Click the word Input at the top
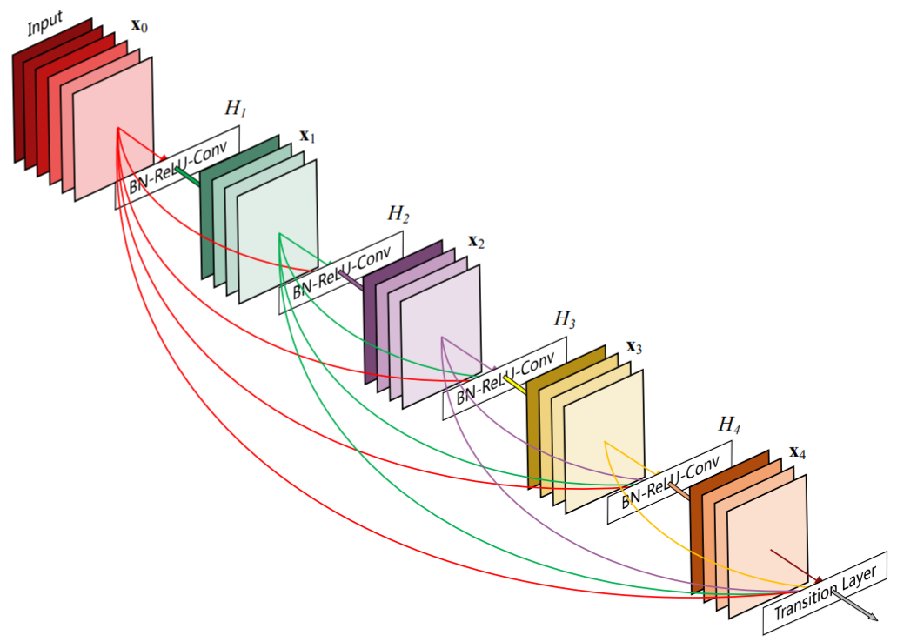[x=45, y=23]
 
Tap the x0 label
[x=139, y=25]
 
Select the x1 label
[x=307, y=136]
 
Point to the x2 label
[x=476, y=242]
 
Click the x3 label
[x=634, y=347]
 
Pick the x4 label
[x=798, y=452]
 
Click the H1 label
[x=236, y=108]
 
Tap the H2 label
[x=398, y=213]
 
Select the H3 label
[x=565, y=319]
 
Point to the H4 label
[x=729, y=425]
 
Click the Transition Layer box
[x=826, y=592]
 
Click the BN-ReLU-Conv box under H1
[x=177, y=167]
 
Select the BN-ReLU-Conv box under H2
[x=341, y=272]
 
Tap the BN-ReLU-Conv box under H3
[x=505, y=378]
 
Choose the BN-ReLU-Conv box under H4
[x=669, y=482]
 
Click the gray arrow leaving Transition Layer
[x=854, y=605]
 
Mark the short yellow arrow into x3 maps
[x=515, y=385]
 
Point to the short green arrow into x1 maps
[x=188, y=177]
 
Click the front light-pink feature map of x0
[x=113, y=129]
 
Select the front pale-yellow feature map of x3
[x=604, y=442]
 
